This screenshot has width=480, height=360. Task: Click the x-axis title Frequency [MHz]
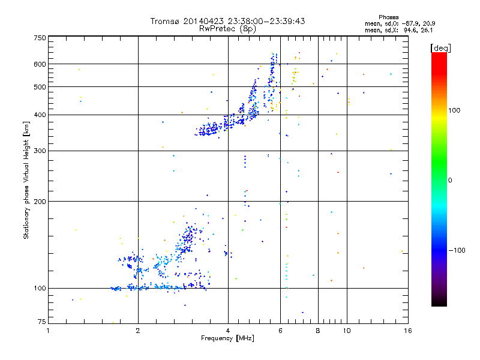click(227, 339)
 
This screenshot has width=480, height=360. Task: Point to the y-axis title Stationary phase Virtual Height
click(26, 180)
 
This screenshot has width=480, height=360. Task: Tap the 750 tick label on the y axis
click(40, 38)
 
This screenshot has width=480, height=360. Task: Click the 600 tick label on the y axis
click(40, 64)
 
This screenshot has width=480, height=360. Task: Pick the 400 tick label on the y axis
click(40, 115)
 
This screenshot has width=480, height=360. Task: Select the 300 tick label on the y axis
click(40, 151)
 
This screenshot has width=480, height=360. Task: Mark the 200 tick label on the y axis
click(40, 202)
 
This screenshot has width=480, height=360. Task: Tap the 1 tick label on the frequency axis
click(49, 331)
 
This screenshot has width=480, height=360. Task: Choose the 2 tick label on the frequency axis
click(138, 331)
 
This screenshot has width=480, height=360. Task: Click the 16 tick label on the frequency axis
click(407, 331)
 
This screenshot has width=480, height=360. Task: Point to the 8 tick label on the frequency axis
click(317, 331)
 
